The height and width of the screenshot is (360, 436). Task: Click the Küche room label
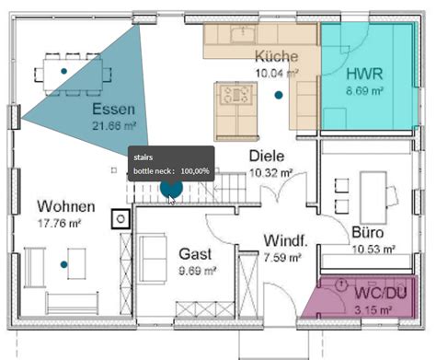pyautogui.click(x=276, y=56)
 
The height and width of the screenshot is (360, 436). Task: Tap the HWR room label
pyautogui.click(x=364, y=75)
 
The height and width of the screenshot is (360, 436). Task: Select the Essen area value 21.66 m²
pyautogui.click(x=114, y=125)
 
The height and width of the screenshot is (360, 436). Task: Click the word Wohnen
pyautogui.click(x=66, y=206)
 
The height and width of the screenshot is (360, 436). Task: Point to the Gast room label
pyautogui.click(x=195, y=254)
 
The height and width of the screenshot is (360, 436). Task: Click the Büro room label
pyautogui.click(x=368, y=232)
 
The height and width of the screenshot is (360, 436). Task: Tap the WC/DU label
pyautogui.click(x=381, y=293)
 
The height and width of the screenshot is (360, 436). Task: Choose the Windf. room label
pyautogui.click(x=285, y=240)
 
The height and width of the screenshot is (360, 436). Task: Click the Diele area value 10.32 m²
pyautogui.click(x=270, y=173)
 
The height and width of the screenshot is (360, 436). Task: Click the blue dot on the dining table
pyautogui.click(x=63, y=71)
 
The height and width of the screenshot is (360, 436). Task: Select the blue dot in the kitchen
pyautogui.click(x=279, y=95)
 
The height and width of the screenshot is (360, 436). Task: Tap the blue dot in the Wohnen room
pyautogui.click(x=63, y=264)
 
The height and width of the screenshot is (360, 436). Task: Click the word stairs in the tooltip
pyautogui.click(x=143, y=157)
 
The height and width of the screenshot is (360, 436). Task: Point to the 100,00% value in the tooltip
pyautogui.click(x=195, y=171)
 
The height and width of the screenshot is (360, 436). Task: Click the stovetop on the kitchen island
pyautogui.click(x=235, y=94)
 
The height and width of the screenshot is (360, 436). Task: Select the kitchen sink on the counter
pyautogui.click(x=243, y=33)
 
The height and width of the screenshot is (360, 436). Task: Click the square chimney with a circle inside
pyautogui.click(x=120, y=219)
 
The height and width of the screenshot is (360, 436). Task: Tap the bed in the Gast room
pyautogui.click(x=153, y=258)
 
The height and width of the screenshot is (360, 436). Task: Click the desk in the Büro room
pyautogui.click(x=373, y=197)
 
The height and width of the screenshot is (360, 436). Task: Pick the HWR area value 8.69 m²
pyautogui.click(x=364, y=91)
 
